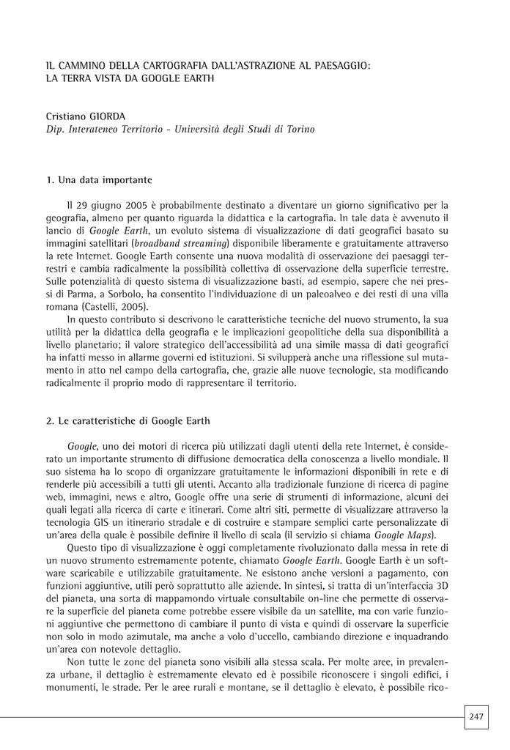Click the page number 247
click(x=476, y=716)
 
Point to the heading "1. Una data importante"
click(x=99, y=179)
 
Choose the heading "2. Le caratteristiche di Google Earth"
click(x=127, y=421)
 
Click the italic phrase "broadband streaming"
click(x=181, y=243)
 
